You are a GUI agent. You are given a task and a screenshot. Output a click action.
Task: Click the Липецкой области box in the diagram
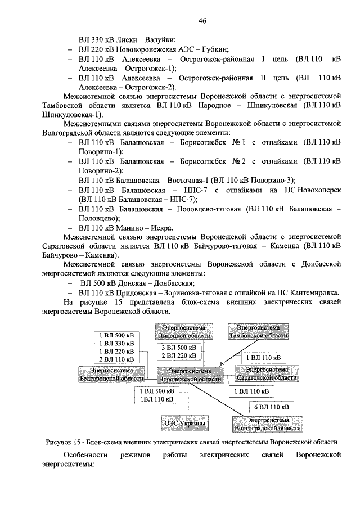tap(185, 332)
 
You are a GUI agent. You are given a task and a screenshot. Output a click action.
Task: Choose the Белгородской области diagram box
tap(112, 373)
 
